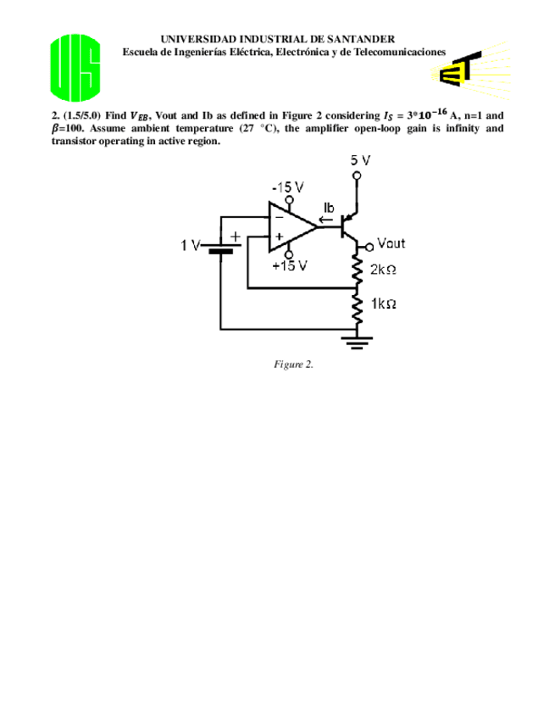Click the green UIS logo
[75, 66]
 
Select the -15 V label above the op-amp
[287, 187]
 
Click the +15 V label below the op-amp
[289, 265]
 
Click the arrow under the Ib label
[327, 223]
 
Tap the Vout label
[391, 243]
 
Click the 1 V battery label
[190, 246]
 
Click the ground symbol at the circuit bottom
[357, 343]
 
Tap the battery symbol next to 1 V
[220, 248]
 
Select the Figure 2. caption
[293, 364]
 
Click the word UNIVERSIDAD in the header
[193, 39]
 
